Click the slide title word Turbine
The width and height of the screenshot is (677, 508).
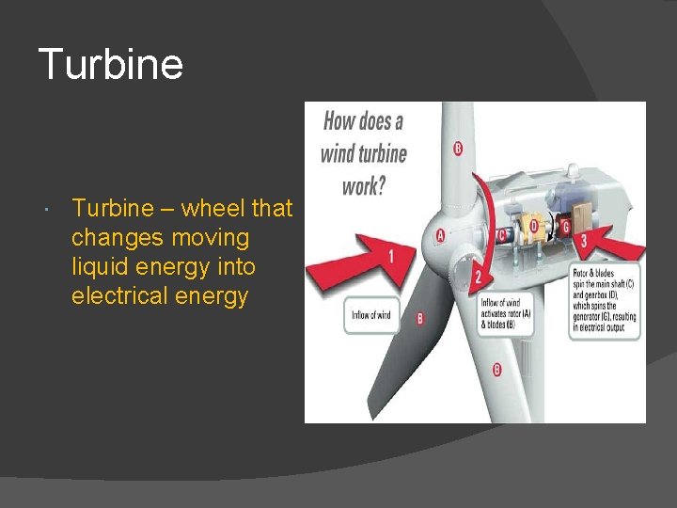coord(111,65)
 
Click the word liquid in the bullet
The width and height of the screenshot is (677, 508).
coord(102,267)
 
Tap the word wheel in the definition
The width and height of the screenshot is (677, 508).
coord(215,208)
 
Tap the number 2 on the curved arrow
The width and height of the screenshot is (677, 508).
coord(477,276)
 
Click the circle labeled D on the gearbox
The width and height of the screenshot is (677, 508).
coord(533,226)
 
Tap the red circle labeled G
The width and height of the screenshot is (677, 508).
coord(566,226)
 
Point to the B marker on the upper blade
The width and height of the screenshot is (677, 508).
coord(458,149)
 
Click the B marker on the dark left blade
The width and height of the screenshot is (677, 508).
coord(419,319)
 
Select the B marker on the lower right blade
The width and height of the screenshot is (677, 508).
coord(496,369)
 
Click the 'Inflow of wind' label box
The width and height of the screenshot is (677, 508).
coord(370,314)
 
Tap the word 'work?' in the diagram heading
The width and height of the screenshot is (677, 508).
coord(364,184)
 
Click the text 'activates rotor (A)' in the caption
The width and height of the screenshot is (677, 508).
coord(506,313)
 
